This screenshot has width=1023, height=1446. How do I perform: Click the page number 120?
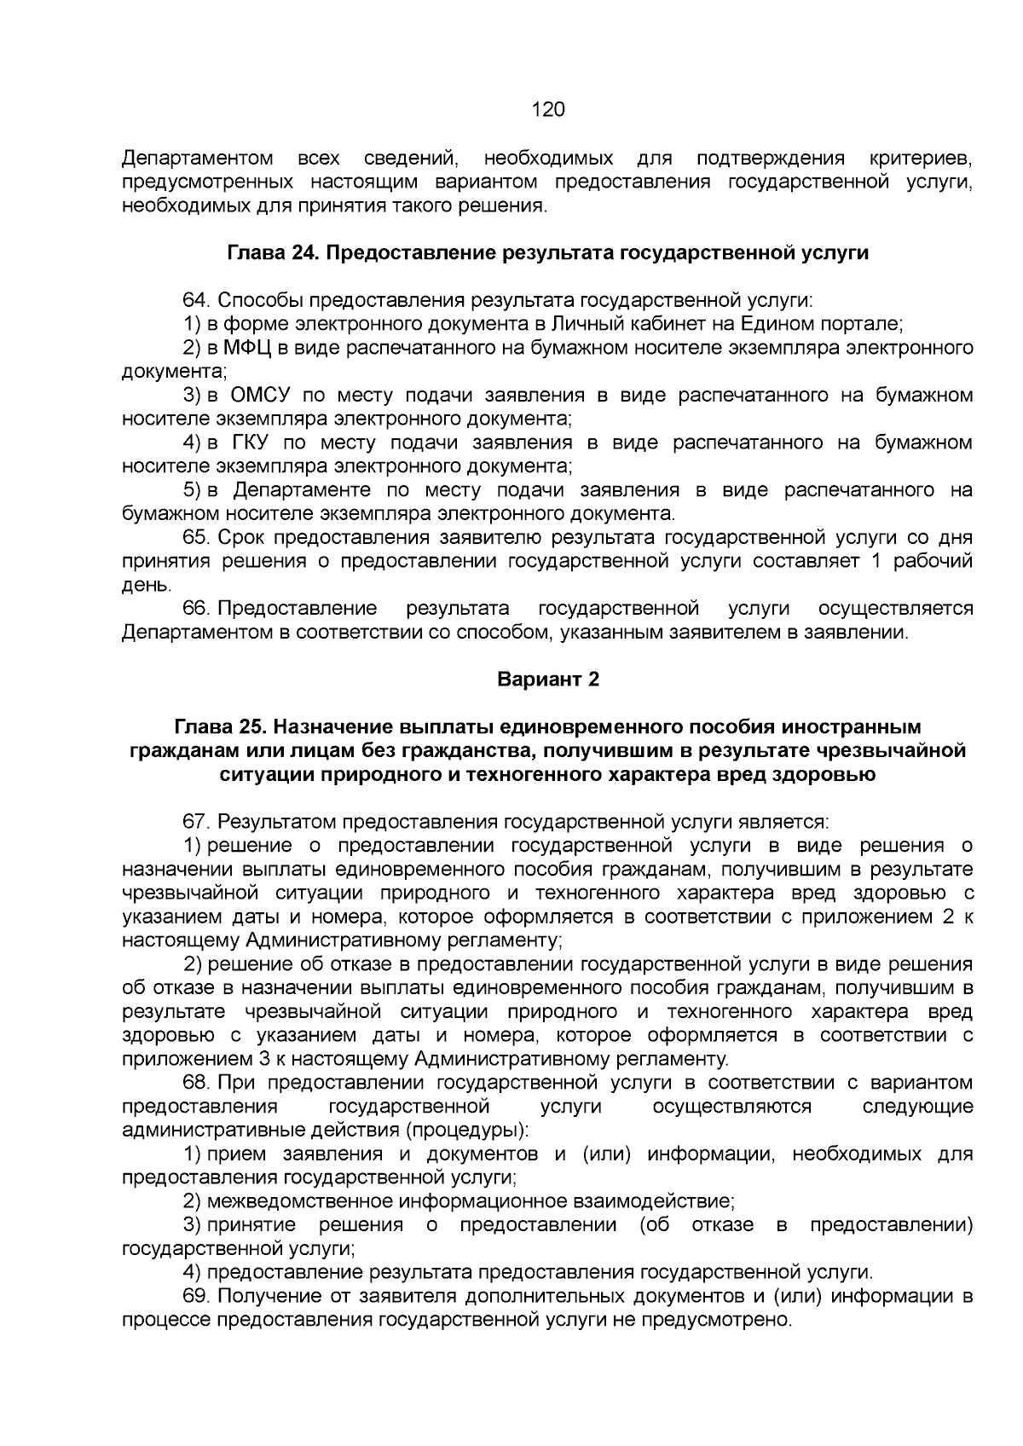[548, 110]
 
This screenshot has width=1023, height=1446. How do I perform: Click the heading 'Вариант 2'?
[548, 680]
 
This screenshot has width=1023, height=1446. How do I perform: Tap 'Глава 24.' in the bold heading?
[273, 253]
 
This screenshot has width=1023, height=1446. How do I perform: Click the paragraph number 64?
[196, 301]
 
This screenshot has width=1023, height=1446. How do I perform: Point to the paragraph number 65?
[196, 538]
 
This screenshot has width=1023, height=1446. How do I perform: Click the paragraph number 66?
[196, 609]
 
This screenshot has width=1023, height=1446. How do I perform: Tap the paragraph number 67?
[196, 823]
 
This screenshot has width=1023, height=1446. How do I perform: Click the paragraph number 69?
[196, 1297]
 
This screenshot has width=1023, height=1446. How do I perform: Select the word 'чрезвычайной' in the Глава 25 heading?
[907, 751]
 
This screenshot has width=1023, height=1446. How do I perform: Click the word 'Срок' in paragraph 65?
[239, 538]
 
